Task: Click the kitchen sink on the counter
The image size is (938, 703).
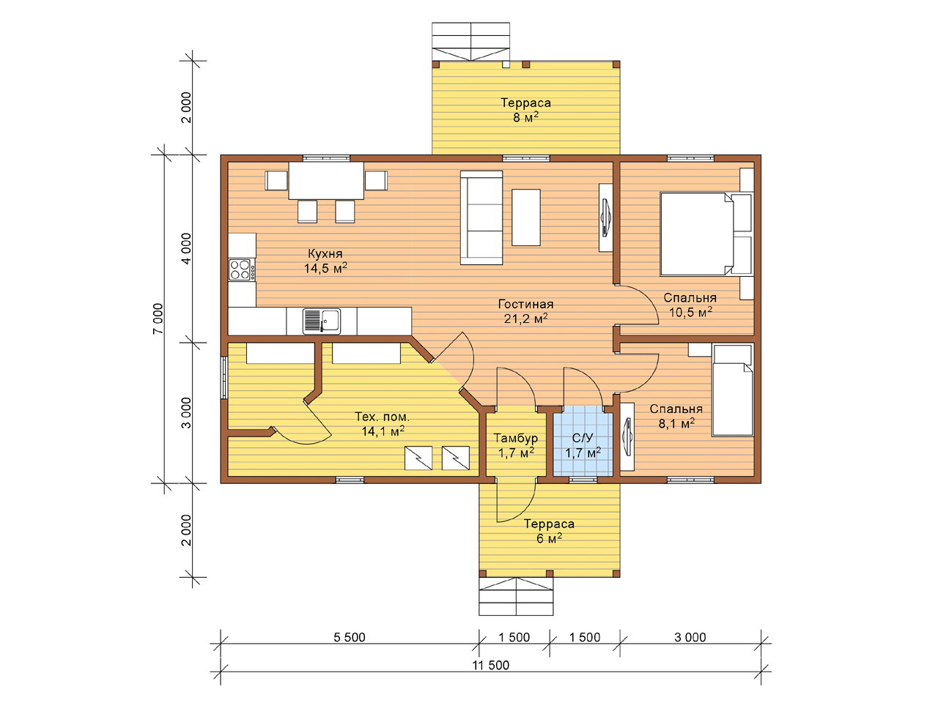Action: [x=322, y=321]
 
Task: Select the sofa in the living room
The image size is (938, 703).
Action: [x=481, y=217]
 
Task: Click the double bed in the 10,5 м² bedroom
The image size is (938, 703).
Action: [x=706, y=234]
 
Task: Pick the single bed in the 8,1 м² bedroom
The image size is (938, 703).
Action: [x=733, y=390]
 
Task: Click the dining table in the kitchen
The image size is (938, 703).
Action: [x=326, y=180]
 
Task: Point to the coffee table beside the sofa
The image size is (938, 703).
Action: [x=526, y=217]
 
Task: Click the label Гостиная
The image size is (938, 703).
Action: [x=525, y=304]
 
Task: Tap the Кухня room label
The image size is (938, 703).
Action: [x=325, y=253]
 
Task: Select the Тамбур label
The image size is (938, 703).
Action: [x=515, y=438]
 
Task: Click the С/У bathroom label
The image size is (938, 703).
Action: [x=583, y=438]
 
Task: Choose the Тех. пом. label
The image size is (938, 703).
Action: [x=382, y=417]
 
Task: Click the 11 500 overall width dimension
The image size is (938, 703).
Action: [x=490, y=665]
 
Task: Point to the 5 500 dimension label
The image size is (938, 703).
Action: [x=349, y=637]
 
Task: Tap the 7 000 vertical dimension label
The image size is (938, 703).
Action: [x=158, y=319]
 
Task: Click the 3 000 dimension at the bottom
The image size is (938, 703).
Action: [x=690, y=637]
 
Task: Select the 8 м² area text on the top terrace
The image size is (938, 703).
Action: [x=525, y=117]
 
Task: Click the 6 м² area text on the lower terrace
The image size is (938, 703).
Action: [x=549, y=539]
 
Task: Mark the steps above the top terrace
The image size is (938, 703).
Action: [x=470, y=42]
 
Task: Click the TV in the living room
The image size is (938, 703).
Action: [x=606, y=217]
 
